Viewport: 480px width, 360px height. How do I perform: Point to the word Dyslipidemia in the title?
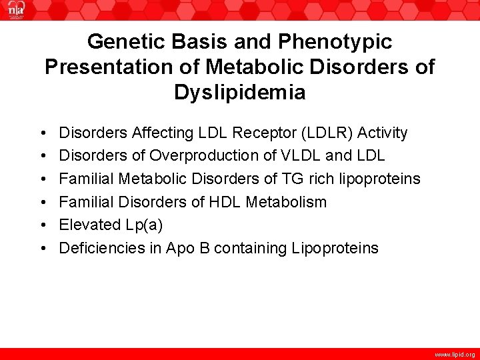click(240, 92)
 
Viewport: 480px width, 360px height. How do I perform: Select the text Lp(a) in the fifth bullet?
click(144, 225)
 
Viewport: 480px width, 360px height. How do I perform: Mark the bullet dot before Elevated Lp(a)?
click(42, 225)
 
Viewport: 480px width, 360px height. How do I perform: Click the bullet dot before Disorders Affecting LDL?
click(42, 133)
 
